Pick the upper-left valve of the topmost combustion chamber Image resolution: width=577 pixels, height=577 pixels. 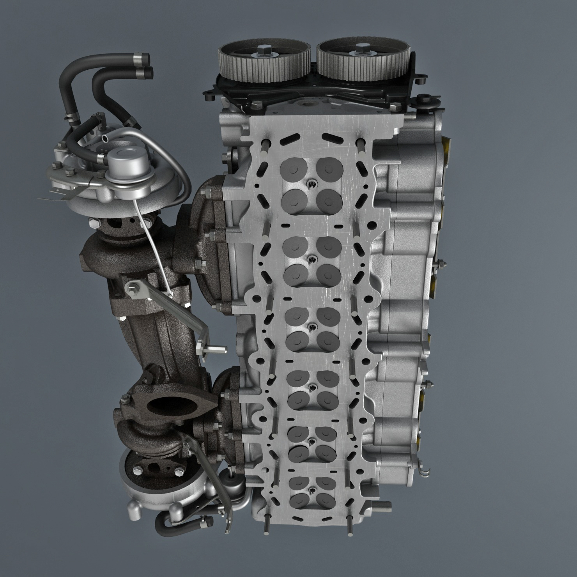click(293, 168)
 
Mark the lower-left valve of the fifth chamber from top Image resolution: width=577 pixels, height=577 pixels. click(298, 452)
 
